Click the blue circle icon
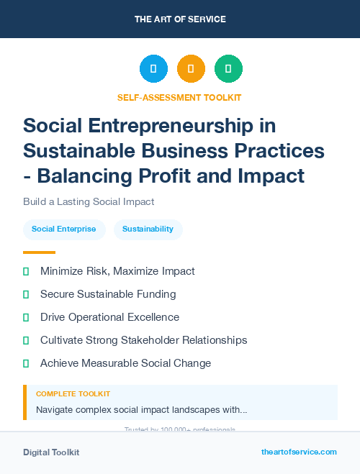pyautogui.click(x=153, y=69)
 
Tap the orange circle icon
pyautogui.click(x=191, y=69)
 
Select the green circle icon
pyautogui.click(x=228, y=69)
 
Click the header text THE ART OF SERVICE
pyautogui.click(x=180, y=19)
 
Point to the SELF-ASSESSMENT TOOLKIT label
pyautogui.click(x=179, y=97)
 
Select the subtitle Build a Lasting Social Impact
pyautogui.click(x=89, y=201)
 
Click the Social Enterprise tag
pyautogui.click(x=64, y=229)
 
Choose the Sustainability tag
pyautogui.click(x=148, y=229)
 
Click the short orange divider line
pyautogui.click(x=39, y=252)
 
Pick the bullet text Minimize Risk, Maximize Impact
pyautogui.click(x=117, y=271)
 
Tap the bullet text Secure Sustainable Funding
pyautogui.click(x=108, y=294)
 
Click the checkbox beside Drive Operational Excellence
pyautogui.click(x=26, y=317)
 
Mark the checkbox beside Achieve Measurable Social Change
pyautogui.click(x=26, y=363)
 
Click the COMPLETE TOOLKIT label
pyautogui.click(x=73, y=394)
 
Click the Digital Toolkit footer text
pyautogui.click(x=51, y=452)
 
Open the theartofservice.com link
pyautogui.click(x=299, y=452)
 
